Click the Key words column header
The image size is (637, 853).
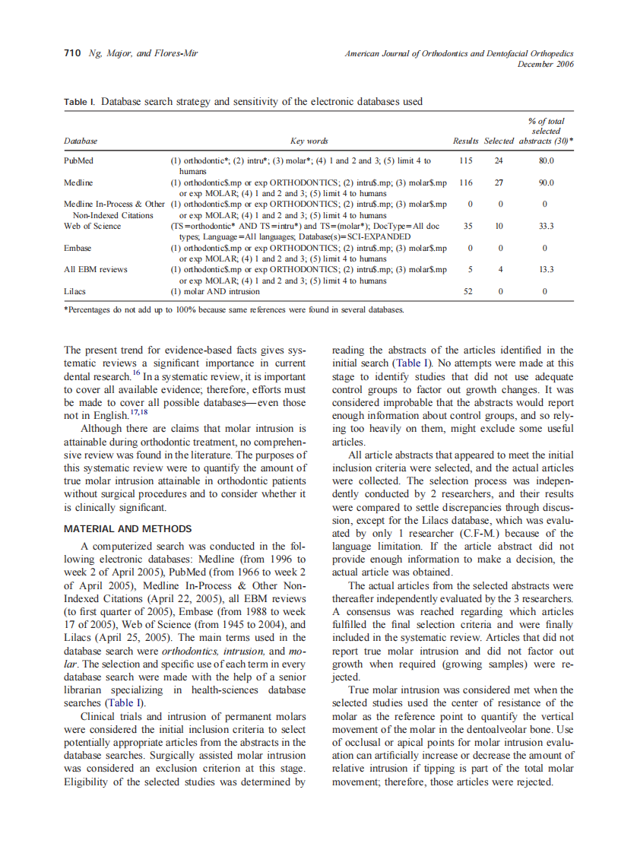point(309,141)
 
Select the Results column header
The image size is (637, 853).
point(465,141)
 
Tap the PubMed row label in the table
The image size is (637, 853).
point(78,161)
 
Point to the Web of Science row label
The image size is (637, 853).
point(93,226)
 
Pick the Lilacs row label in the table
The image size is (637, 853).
point(75,291)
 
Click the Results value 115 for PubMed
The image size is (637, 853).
point(466,161)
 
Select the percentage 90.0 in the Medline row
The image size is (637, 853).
point(546,182)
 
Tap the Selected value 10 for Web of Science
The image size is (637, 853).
point(499,226)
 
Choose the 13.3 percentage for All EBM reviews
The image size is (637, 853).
point(546,269)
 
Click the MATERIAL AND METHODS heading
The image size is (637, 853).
point(128,529)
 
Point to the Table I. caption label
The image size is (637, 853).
point(80,102)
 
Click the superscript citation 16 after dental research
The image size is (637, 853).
point(136,374)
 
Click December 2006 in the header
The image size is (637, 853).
point(545,64)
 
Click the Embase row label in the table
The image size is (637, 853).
point(78,248)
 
